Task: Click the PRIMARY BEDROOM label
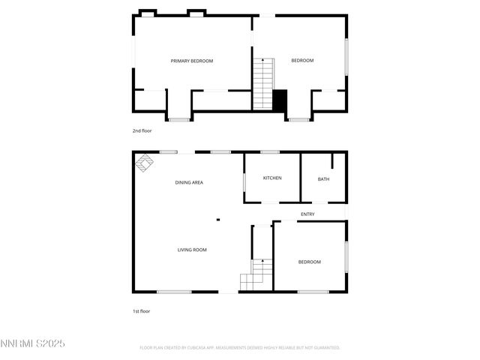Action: click(192, 61)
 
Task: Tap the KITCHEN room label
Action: click(272, 178)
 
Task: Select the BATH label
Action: click(323, 179)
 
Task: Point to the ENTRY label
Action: click(307, 214)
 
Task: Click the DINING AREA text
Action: click(189, 182)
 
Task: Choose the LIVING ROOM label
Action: click(192, 250)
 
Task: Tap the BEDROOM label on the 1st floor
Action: click(309, 262)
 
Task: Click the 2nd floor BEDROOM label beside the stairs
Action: click(302, 61)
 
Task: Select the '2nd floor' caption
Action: click(142, 130)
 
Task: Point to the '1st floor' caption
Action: click(142, 310)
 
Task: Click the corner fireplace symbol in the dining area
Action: click(144, 161)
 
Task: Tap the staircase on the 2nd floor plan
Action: click(262, 82)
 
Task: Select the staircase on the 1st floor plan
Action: click(256, 274)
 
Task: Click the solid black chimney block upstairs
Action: click(280, 100)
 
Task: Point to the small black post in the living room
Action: click(217, 220)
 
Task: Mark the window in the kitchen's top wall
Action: click(270, 152)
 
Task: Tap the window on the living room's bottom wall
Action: click(174, 292)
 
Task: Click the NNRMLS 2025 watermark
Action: click(33, 343)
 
